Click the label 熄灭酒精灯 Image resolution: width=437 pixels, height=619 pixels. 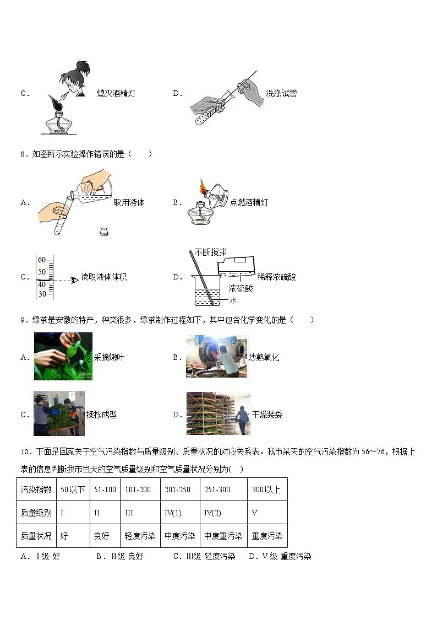pyautogui.click(x=116, y=93)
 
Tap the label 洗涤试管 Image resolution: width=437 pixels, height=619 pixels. pyautogui.click(x=281, y=93)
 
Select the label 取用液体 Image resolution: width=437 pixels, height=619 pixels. pyautogui.click(x=129, y=202)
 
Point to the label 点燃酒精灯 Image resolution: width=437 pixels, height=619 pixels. pyautogui.click(x=249, y=202)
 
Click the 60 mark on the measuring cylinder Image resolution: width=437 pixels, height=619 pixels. pyautogui.click(x=42, y=260)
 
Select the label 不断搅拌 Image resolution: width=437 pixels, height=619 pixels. pyautogui.click(x=210, y=252)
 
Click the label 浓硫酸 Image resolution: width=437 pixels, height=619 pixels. pyautogui.click(x=241, y=288)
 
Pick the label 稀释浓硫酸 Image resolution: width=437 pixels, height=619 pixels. pyautogui.click(x=276, y=277)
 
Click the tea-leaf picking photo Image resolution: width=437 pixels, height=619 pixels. pyautogui.click(x=63, y=356)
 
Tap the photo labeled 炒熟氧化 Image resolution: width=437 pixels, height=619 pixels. pyautogui.click(x=216, y=357)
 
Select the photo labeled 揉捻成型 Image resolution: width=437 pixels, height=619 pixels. pyautogui.click(x=59, y=413)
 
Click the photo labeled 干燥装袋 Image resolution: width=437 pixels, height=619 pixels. pyautogui.click(x=218, y=414)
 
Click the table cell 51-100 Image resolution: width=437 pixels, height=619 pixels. pyautogui.click(x=105, y=489)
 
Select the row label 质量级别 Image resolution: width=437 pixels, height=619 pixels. pyautogui.click(x=36, y=513)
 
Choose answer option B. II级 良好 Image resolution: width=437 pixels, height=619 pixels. pyautogui.click(x=119, y=556)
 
